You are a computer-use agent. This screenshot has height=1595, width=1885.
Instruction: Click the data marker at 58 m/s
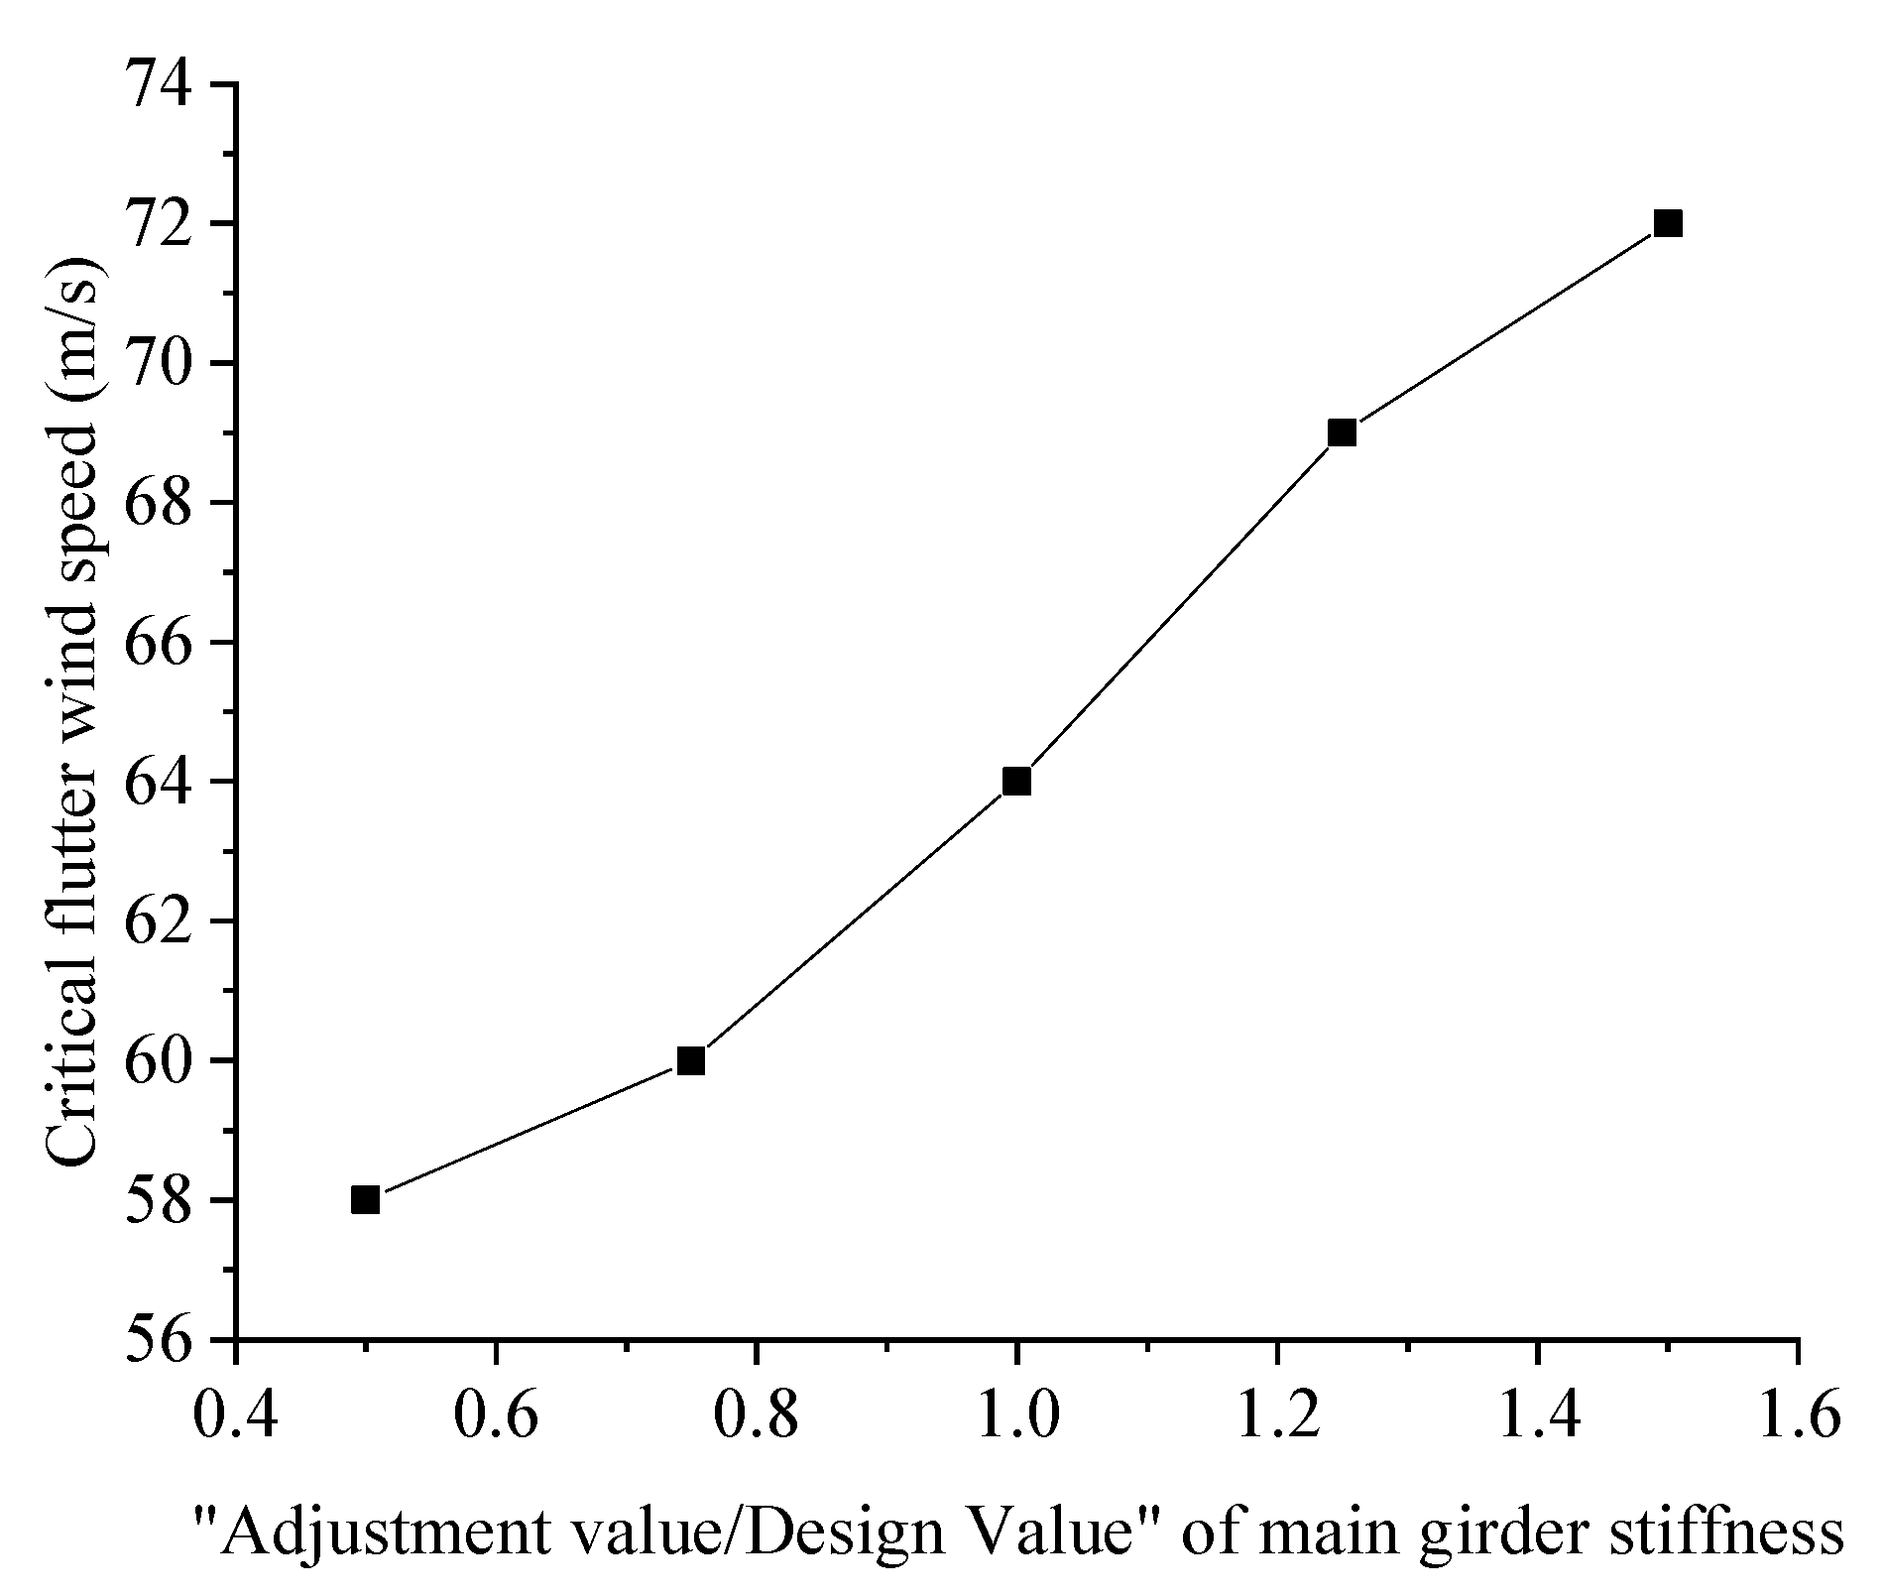pos(365,1200)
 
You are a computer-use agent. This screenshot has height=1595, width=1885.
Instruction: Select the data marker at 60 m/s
pos(691,1061)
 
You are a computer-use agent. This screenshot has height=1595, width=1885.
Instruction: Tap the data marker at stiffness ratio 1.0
pos(1016,782)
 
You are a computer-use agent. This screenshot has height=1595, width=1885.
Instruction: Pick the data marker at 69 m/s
pos(1342,432)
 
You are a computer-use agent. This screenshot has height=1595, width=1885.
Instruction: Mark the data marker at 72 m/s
pos(1668,223)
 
